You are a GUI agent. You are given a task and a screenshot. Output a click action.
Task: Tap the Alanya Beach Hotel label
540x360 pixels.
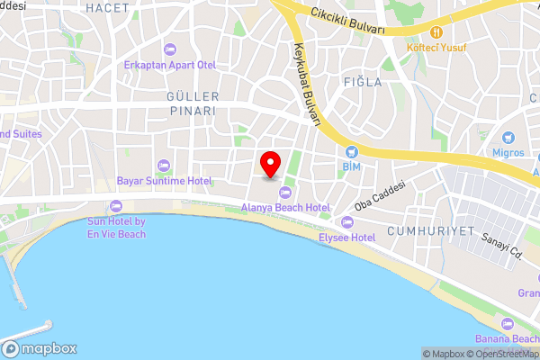[x=286, y=207]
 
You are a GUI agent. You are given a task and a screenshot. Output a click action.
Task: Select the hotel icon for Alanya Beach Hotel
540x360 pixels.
[x=286, y=192]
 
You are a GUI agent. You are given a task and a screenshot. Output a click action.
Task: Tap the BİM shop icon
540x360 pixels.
[x=351, y=152]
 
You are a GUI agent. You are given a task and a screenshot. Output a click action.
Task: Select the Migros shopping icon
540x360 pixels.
[x=508, y=138]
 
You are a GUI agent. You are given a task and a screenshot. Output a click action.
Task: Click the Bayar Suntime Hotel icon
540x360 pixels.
[x=163, y=165]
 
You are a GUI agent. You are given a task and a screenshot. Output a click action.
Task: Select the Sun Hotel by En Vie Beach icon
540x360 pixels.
[x=115, y=207]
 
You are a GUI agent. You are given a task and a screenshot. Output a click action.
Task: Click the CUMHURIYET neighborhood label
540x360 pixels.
[x=430, y=231]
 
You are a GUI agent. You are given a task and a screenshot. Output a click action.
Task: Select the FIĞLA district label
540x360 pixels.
[x=363, y=82]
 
